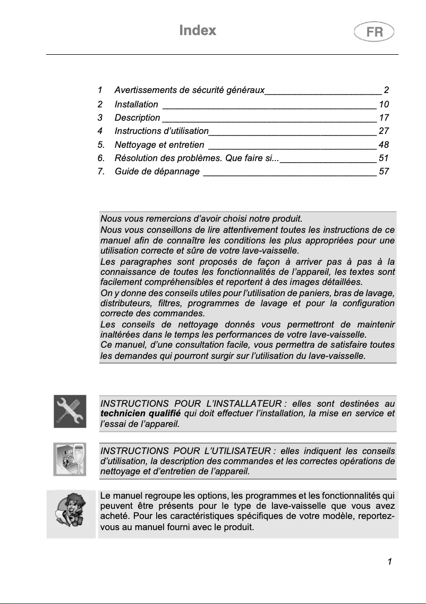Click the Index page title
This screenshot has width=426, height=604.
click(x=198, y=30)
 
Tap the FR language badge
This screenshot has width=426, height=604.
click(x=374, y=32)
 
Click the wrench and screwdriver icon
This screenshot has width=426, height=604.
click(x=70, y=411)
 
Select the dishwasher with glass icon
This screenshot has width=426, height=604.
click(x=70, y=459)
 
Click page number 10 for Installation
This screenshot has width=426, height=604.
click(x=384, y=104)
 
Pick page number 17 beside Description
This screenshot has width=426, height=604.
click(x=384, y=118)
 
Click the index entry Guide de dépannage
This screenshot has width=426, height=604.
click(x=157, y=171)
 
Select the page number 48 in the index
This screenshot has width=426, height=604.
click(x=384, y=144)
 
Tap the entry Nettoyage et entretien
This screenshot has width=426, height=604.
click(x=159, y=144)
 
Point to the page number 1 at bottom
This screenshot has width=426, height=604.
click(x=390, y=561)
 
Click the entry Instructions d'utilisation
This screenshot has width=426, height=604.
click(x=161, y=131)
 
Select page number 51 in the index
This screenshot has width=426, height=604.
click(x=384, y=158)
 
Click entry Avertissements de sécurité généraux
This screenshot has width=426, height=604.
click(x=190, y=90)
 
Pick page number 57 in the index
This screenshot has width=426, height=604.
click(x=384, y=171)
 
